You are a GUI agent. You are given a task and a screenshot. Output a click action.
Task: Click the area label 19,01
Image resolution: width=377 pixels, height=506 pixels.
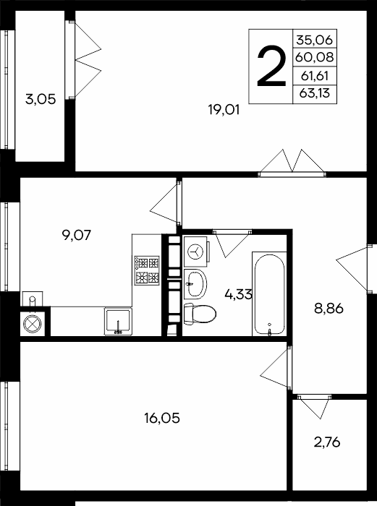[224, 110]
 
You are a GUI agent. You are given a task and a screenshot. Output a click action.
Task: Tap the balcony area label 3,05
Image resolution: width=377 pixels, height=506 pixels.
[41, 99]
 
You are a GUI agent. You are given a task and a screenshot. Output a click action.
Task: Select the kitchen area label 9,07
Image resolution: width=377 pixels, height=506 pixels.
[77, 235]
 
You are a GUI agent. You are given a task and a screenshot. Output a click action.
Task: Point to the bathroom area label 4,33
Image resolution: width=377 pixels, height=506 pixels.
[238, 294]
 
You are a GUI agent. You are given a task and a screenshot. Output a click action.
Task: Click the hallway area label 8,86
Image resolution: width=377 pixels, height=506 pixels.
[329, 309]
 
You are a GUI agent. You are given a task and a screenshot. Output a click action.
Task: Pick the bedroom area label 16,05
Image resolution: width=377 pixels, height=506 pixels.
[162, 419]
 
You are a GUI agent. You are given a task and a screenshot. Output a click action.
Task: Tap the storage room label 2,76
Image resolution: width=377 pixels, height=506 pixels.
[327, 442]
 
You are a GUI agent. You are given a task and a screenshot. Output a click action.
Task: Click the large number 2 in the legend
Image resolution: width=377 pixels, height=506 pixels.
[271, 67]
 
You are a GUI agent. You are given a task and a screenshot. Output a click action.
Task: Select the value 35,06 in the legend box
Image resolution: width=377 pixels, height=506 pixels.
[314, 40]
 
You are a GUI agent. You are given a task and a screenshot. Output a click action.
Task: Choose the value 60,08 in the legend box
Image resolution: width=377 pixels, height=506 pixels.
[314, 57]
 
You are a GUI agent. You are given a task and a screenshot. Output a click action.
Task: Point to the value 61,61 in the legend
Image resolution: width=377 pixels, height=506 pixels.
[314, 76]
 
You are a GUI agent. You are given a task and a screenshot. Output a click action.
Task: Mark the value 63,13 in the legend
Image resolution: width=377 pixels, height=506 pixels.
[314, 93]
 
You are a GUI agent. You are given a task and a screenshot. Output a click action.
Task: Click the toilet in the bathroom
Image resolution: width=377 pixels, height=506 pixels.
[200, 313]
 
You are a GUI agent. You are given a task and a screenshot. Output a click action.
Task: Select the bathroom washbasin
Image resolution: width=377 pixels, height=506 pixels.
[195, 284]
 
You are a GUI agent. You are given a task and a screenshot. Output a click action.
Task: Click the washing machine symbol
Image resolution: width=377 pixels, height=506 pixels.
[196, 251]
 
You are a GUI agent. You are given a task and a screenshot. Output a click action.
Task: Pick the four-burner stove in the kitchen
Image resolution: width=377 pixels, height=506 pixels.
[148, 270]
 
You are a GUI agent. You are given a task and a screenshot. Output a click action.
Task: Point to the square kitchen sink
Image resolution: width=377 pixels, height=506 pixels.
[118, 322]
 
